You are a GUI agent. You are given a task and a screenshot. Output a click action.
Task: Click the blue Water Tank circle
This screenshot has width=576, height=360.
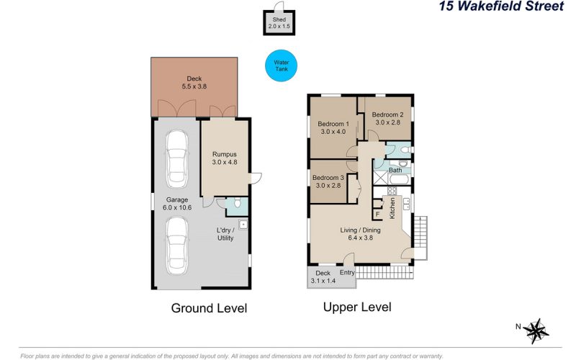click(x=281, y=66)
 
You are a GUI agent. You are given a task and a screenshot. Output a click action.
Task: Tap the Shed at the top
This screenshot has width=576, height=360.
click(x=279, y=23)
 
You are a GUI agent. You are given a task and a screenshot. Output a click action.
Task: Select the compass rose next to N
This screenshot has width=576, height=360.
click(x=536, y=331)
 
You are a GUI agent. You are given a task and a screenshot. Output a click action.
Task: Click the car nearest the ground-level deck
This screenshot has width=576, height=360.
click(x=177, y=159)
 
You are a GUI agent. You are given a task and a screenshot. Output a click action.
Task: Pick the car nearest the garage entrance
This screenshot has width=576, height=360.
click(x=177, y=246)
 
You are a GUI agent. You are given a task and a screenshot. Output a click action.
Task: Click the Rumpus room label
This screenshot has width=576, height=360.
click(x=225, y=154)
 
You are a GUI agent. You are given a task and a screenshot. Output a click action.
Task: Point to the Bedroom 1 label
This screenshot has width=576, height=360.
click(x=333, y=124)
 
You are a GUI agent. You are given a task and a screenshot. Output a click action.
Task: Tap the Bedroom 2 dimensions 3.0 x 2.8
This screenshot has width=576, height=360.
click(x=387, y=122)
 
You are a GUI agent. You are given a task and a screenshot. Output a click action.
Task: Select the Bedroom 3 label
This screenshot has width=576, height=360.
click(x=328, y=178)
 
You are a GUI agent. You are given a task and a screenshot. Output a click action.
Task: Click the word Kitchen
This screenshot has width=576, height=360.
click(x=392, y=208)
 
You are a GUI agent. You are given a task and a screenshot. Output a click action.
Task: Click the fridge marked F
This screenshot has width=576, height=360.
click(x=377, y=214)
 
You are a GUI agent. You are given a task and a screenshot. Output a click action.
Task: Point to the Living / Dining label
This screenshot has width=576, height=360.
click(x=360, y=230)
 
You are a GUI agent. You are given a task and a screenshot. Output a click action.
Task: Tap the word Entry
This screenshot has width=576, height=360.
click(x=347, y=272)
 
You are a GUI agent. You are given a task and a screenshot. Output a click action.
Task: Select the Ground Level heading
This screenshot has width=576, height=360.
click(x=209, y=308)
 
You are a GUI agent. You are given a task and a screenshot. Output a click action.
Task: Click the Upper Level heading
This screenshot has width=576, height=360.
click(x=357, y=307)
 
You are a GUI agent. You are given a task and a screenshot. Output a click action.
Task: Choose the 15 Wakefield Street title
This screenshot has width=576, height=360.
click(x=501, y=6)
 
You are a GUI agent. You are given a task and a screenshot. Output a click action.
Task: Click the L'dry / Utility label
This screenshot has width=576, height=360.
click(x=225, y=234)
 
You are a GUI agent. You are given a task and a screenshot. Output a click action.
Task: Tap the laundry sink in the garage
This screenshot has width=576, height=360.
click(x=243, y=225)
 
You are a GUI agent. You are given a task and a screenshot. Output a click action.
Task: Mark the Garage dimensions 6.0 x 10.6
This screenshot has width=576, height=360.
click(x=177, y=207)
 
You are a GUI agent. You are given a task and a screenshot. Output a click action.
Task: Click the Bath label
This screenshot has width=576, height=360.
click(x=395, y=170)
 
